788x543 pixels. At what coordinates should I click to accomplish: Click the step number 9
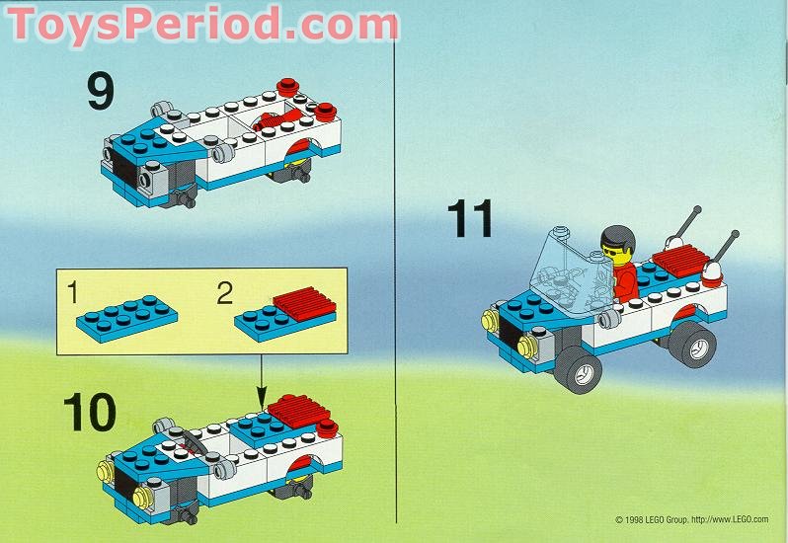coord(101,93)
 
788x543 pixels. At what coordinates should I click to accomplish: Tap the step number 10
coord(88,414)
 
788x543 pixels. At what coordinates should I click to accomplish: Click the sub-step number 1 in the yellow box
coord(72,291)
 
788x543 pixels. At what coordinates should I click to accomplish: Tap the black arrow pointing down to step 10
coord(262,380)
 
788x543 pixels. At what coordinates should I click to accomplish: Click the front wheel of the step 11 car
coord(582,370)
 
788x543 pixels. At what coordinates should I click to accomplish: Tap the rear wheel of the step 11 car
coord(692,342)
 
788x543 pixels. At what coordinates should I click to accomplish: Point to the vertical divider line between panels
coord(395,296)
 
